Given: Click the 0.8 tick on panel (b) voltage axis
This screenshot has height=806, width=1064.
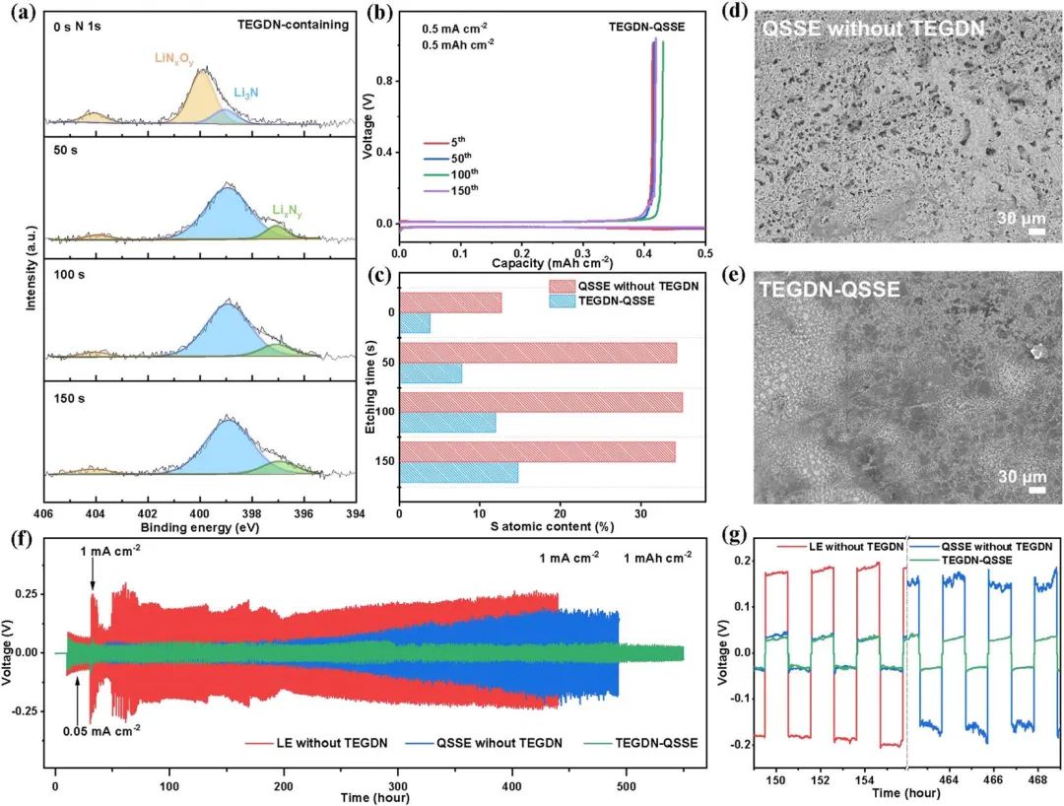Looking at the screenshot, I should pos(384,82).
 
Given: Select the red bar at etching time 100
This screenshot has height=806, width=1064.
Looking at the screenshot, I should pos(541,402).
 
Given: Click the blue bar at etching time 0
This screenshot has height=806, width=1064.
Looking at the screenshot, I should pos(415,322).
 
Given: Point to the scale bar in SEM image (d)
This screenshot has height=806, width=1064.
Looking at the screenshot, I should pos(1036,233).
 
